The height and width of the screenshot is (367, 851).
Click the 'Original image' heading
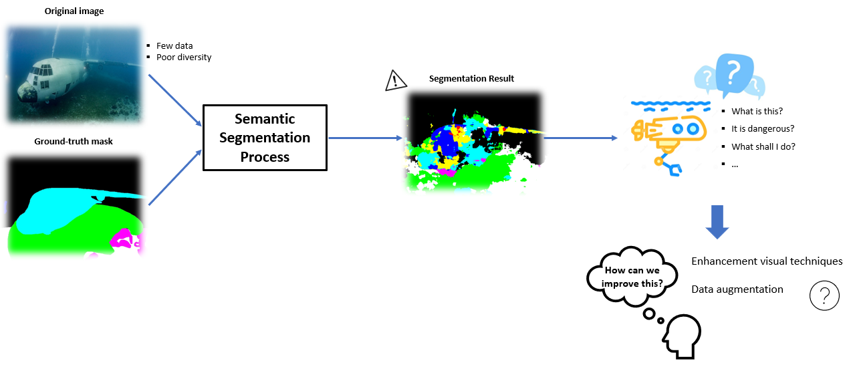(x=74, y=11)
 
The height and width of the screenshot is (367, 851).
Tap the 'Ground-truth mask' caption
(x=74, y=141)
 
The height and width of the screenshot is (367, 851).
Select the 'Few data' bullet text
(x=174, y=46)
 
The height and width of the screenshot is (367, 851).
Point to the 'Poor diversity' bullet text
(x=184, y=57)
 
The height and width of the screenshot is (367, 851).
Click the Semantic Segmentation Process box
(x=265, y=138)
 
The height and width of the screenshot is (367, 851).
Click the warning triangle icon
(x=396, y=80)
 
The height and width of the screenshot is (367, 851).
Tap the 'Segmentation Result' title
(x=471, y=79)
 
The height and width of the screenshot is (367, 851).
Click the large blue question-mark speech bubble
(x=735, y=74)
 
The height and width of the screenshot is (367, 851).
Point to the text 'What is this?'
(x=757, y=112)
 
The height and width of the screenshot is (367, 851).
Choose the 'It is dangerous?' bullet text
(x=763, y=129)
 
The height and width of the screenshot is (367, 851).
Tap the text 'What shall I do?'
(x=763, y=146)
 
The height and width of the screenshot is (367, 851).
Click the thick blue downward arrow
(x=717, y=222)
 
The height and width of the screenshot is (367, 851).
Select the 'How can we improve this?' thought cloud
(x=632, y=277)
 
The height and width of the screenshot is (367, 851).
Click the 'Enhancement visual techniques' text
(x=767, y=261)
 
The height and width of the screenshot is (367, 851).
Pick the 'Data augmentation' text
(x=737, y=289)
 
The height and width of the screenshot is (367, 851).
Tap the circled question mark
(x=824, y=295)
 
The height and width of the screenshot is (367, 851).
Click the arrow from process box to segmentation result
(x=365, y=138)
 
